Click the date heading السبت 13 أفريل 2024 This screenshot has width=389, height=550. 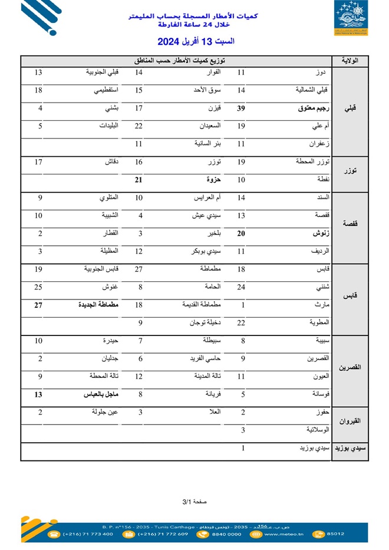pos(196,42)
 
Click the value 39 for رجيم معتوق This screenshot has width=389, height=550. pos(241,108)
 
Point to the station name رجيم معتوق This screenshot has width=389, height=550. pos(312,108)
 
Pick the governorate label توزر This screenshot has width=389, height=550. pos(350,170)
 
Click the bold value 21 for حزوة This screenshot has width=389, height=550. pos(140,179)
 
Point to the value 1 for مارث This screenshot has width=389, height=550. pos(242,305)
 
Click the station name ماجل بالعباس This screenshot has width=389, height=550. pos(101,395)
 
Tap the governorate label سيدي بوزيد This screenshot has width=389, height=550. pos(351,449)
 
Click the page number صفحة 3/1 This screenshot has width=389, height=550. pos(194,502)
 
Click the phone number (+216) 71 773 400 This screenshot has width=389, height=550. pos(88,534)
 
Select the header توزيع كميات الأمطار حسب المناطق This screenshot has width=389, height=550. pos(179,61)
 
